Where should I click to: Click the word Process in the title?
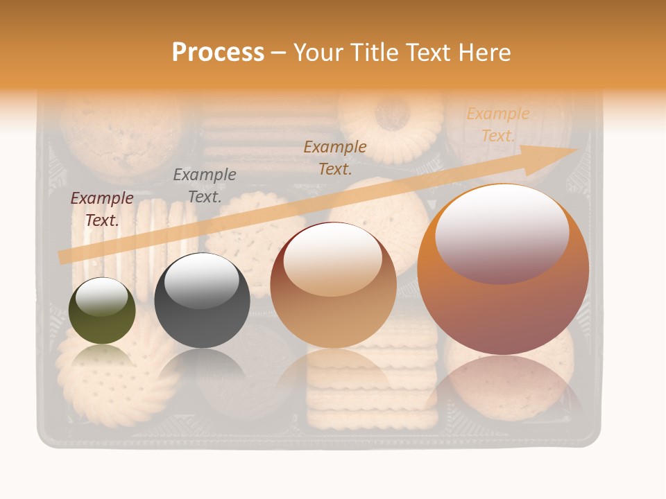218,53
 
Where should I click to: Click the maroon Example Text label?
102,209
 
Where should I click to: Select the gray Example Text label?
204,185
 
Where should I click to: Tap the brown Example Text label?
335,157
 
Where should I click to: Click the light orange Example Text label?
497,125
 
